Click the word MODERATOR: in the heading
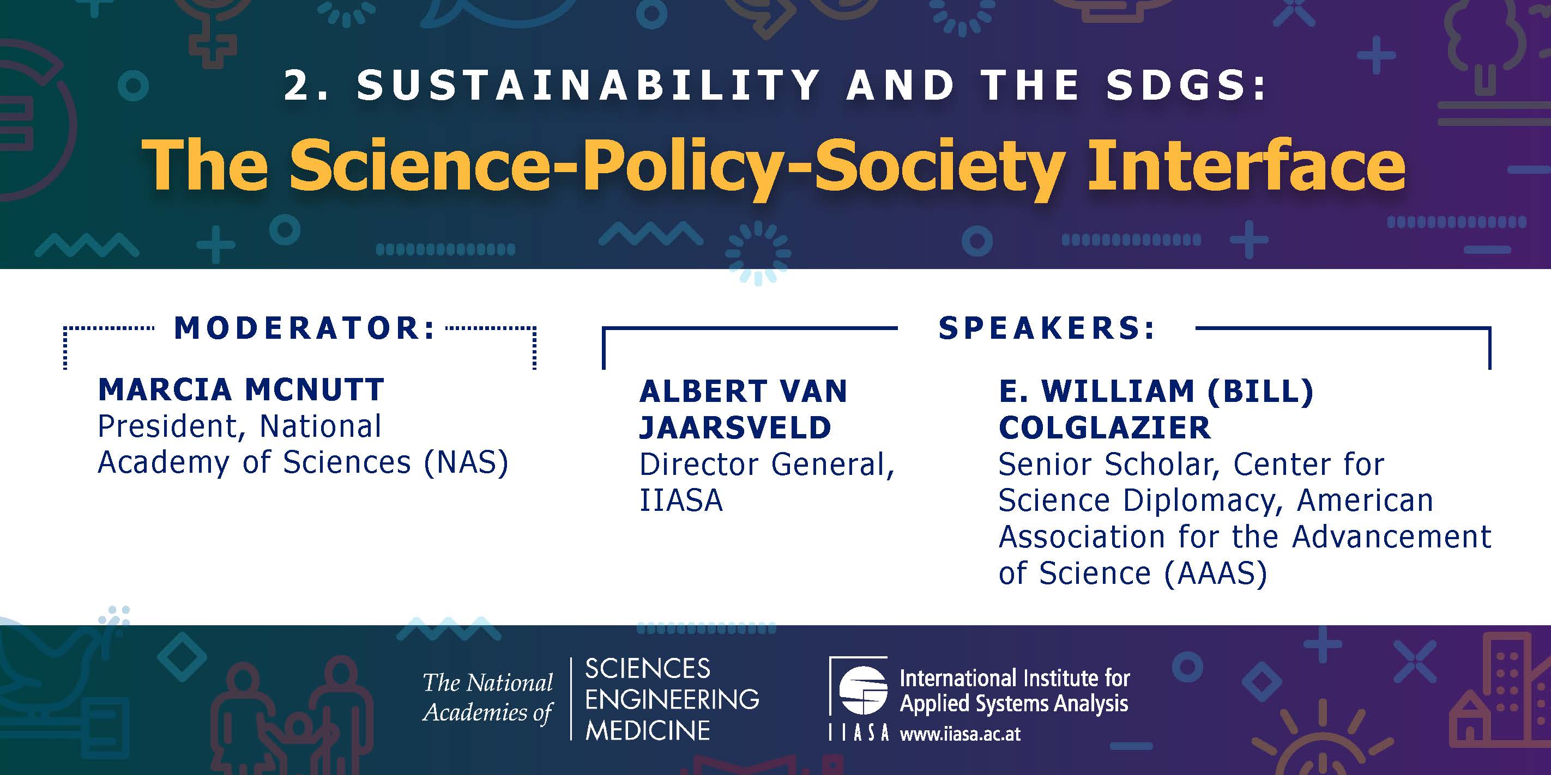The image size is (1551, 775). (305, 328)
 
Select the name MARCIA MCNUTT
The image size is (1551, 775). (241, 389)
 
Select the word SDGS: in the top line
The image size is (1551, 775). (1187, 85)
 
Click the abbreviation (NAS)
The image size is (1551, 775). (466, 463)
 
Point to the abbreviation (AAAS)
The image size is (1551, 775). (1216, 573)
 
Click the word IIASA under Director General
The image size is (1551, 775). (681, 501)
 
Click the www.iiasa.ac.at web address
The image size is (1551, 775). (961, 734)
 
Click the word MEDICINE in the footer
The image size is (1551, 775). (648, 730)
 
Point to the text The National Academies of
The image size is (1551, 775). (488, 697)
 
